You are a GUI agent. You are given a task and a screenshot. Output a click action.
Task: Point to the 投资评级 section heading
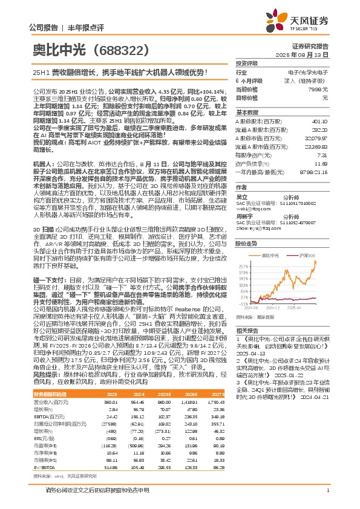click(247, 63)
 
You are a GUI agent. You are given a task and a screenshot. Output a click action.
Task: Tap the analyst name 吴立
click(242, 196)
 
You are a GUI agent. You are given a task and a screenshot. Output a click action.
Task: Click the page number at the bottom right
click(327, 489)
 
